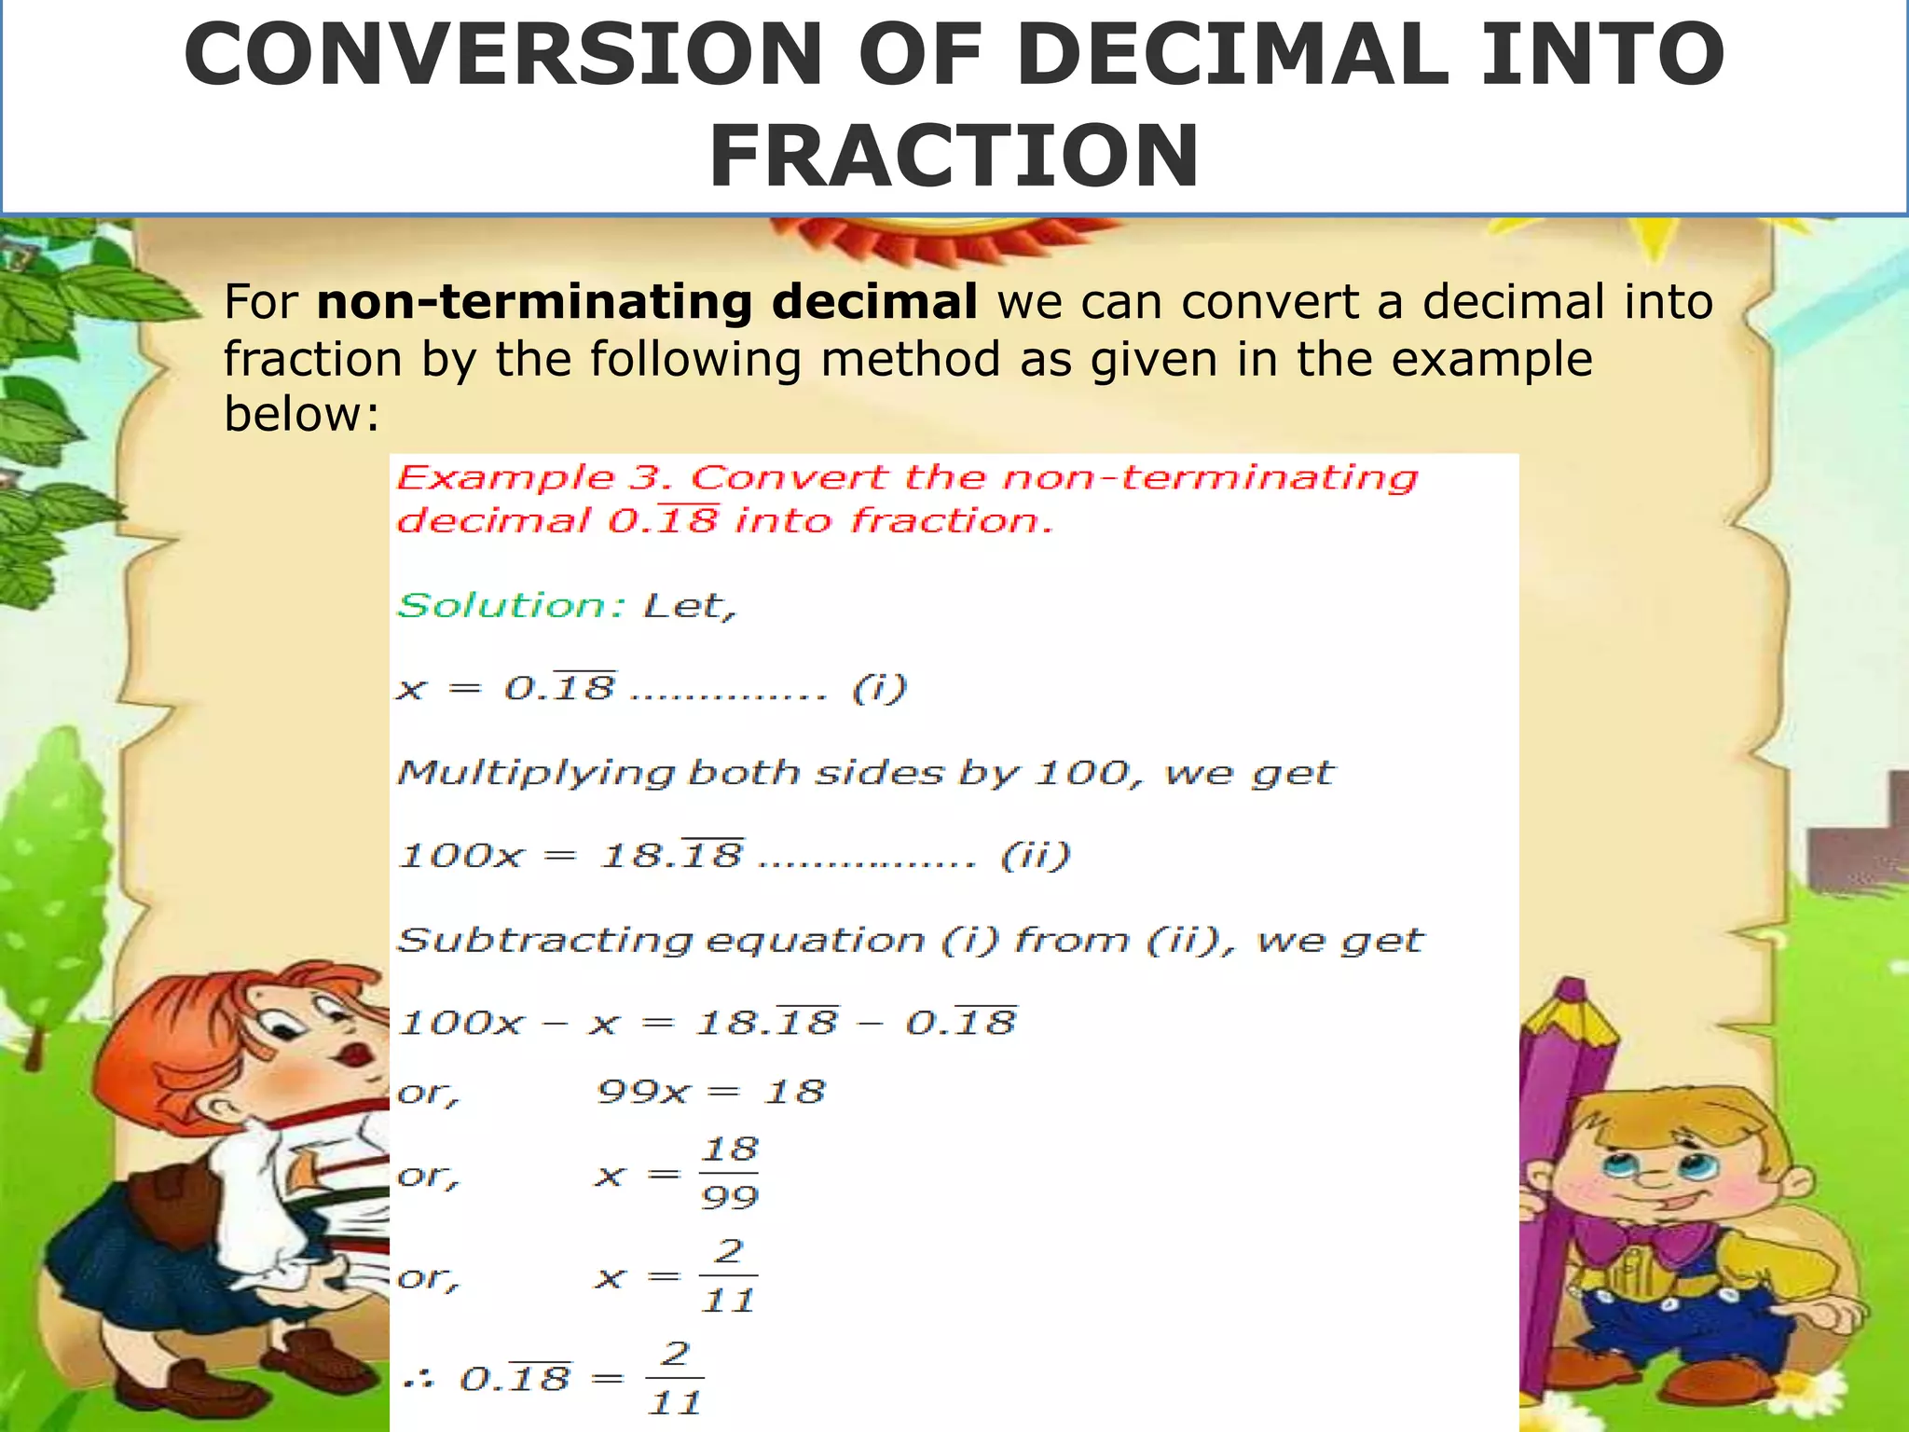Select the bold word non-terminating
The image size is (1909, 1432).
coord(534,302)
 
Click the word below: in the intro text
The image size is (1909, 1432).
coord(301,413)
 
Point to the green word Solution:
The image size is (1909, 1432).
coord(511,606)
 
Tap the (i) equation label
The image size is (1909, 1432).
coord(878,689)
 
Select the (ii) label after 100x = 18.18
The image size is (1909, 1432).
coord(1035,855)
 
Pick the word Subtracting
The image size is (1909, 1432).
coord(544,940)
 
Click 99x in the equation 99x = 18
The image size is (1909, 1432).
coord(643,1091)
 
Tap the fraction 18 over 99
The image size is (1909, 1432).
coord(729,1173)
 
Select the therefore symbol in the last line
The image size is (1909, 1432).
coord(419,1380)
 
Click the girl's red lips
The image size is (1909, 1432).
coord(356,1054)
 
